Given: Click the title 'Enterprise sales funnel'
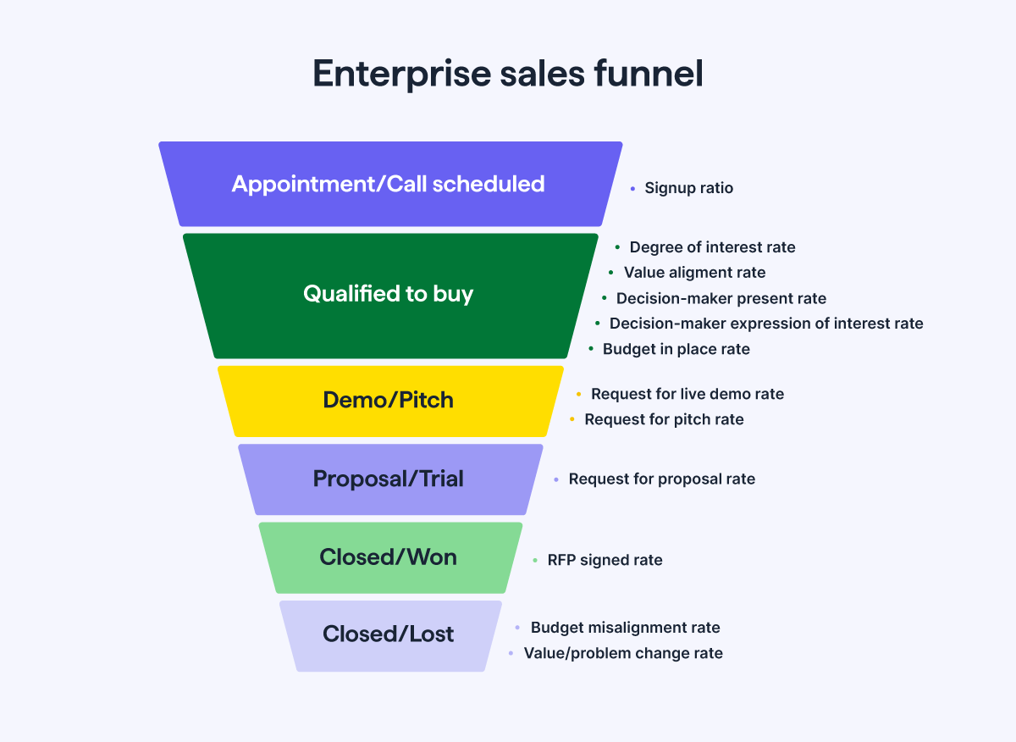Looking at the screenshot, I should click(x=508, y=74).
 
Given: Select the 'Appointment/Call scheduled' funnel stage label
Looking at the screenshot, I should click(x=389, y=184).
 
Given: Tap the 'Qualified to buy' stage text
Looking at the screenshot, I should click(x=389, y=294).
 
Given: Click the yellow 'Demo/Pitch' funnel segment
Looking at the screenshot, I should click(x=389, y=400).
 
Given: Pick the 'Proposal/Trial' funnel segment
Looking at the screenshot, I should click(x=389, y=479).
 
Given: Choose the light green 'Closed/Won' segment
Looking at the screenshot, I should click(x=389, y=557).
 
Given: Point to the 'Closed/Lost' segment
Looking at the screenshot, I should click(x=389, y=634).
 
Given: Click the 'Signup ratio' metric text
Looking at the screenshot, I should click(x=688, y=188).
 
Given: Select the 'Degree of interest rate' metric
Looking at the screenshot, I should click(x=712, y=247).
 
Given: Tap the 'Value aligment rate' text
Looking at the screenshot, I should click(x=694, y=273).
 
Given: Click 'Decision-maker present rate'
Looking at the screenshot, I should click(x=721, y=298).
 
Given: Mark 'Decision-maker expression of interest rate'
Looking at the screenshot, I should click(x=766, y=324).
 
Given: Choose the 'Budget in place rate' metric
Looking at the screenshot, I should click(x=676, y=349).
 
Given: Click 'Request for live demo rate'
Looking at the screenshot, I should click(x=687, y=394).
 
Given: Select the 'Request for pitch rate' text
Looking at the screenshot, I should click(x=664, y=419).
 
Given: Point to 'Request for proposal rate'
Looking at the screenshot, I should click(x=661, y=479).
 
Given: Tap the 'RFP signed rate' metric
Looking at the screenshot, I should click(x=605, y=560).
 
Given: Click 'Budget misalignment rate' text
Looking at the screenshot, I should click(x=625, y=628).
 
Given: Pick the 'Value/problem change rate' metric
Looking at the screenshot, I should click(x=623, y=653).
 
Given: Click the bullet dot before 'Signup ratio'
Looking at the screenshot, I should click(x=632, y=189).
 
